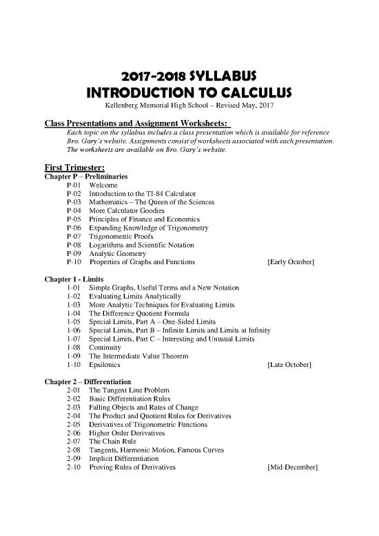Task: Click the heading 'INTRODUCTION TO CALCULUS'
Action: point(190,93)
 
